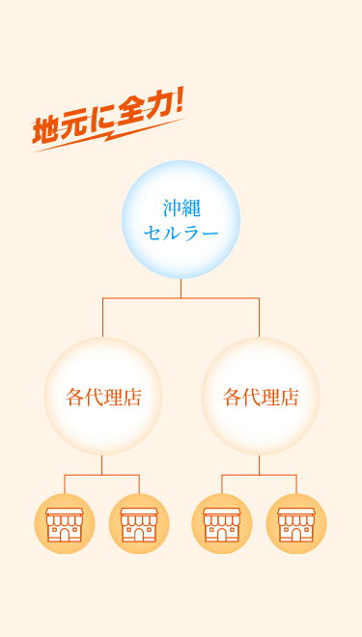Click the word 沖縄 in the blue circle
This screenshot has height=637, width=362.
(181, 208)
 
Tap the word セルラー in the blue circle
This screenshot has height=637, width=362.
(181, 233)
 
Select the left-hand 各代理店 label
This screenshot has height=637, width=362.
(103, 397)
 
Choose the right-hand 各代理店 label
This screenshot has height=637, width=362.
(261, 397)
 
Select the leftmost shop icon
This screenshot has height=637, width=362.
(65, 524)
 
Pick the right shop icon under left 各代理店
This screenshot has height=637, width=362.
(139, 524)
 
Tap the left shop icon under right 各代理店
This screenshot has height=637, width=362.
(222, 524)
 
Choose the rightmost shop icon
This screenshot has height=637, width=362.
(296, 524)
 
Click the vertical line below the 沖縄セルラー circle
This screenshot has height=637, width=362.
(181, 289)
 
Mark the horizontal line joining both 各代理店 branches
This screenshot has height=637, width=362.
(181, 298)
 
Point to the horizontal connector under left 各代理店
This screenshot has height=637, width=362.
(101, 475)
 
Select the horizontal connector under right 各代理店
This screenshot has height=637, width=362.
(259, 475)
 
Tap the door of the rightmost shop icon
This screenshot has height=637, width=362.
(296, 534)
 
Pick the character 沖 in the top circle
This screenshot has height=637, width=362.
(172, 208)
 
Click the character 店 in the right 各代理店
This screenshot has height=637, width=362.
(289, 397)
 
